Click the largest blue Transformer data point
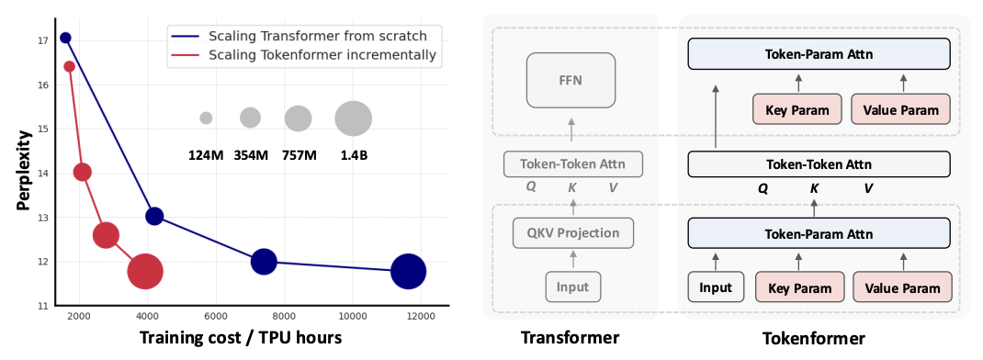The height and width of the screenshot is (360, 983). coord(408,272)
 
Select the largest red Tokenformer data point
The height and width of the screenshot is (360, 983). coord(145,272)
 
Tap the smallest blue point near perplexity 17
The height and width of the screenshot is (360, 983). coord(65,38)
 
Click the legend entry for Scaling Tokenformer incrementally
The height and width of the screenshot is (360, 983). coord(303,55)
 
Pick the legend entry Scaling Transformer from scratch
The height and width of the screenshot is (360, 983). coord(299,35)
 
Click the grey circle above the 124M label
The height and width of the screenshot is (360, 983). coord(206,118)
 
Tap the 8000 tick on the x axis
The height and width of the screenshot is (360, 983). coord(284,317)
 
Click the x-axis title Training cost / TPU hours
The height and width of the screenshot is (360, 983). coord(241,338)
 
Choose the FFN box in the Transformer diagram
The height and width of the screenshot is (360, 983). coord(571,80)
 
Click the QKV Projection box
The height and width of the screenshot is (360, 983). coord(573,232)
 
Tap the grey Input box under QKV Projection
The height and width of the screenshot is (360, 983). coord(573,287)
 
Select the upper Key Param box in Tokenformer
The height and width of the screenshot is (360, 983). coord(798,110)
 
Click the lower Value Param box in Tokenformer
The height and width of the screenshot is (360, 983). coord(902,287)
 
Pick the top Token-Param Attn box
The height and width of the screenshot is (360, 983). coord(819,54)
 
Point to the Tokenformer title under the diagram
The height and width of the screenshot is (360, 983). coord(814,339)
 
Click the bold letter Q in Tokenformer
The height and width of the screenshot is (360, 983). coord(763,188)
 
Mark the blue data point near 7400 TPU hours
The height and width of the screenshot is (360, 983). coord(264,262)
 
